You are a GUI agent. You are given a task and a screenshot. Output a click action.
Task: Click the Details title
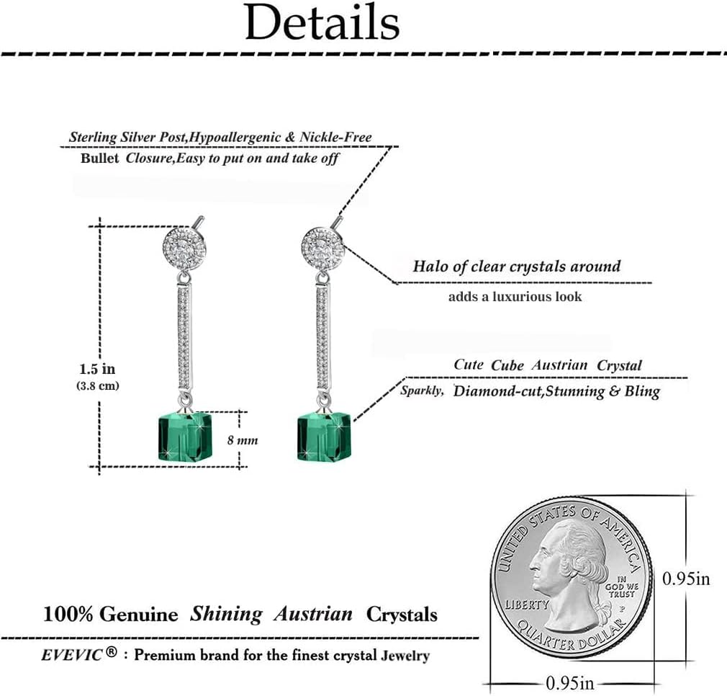coord(322,23)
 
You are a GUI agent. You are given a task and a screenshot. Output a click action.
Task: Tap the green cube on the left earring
coord(183,437)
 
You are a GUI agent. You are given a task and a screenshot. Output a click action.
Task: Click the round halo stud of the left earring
coord(184,249)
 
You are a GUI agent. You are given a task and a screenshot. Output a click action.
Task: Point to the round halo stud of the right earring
coord(322,249)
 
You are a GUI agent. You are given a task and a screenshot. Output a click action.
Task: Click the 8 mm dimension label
coord(243,440)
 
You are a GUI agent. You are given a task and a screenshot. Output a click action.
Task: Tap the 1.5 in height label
coord(97,369)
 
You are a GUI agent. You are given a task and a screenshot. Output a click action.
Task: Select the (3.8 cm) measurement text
coord(98,385)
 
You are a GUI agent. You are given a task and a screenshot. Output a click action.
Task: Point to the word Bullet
coord(100,159)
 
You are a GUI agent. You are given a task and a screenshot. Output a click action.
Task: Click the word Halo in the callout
coord(430,266)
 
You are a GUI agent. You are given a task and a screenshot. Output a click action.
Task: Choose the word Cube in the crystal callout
coord(507,365)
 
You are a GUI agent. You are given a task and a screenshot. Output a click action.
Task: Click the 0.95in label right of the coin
coord(686,578)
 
